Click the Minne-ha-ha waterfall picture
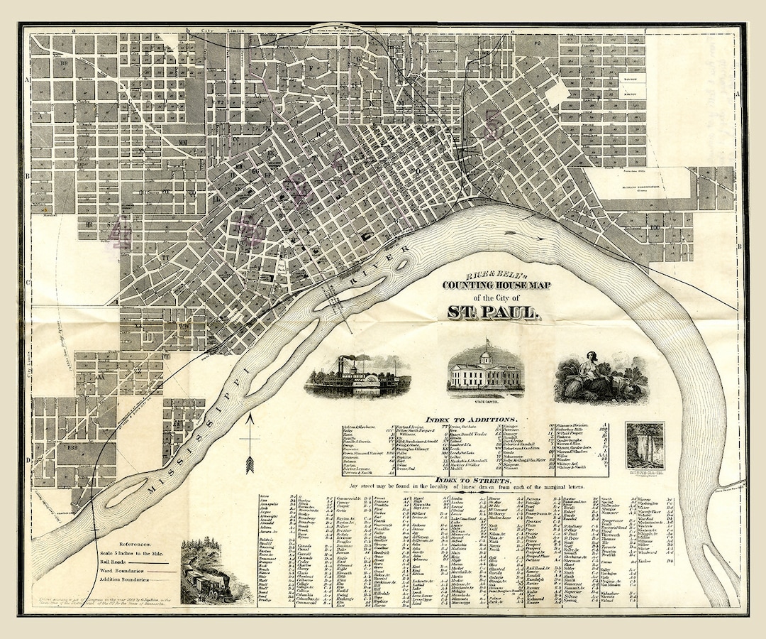pos(645,446)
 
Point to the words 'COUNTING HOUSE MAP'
pos(496,285)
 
